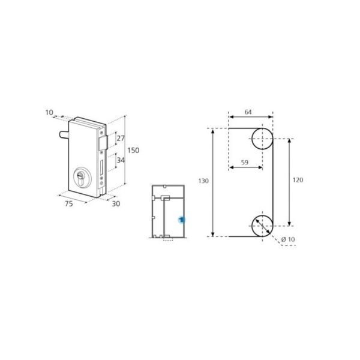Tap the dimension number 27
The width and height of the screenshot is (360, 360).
click(120, 139)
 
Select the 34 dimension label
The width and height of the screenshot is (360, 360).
click(120, 161)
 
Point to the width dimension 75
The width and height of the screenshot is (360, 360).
click(68, 204)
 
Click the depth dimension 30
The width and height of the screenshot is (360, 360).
click(116, 204)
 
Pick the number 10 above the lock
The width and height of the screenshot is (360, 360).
click(49, 112)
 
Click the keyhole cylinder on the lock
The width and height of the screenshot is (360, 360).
click(80, 178)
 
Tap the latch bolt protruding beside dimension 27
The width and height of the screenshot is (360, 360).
click(103, 142)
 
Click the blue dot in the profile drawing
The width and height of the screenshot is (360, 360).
click(181, 221)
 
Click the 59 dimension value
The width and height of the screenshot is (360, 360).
click(245, 162)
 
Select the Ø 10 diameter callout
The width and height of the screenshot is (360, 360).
click(288, 240)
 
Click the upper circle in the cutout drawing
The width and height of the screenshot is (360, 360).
click(262, 139)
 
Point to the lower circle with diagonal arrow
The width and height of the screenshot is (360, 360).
click(262, 226)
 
